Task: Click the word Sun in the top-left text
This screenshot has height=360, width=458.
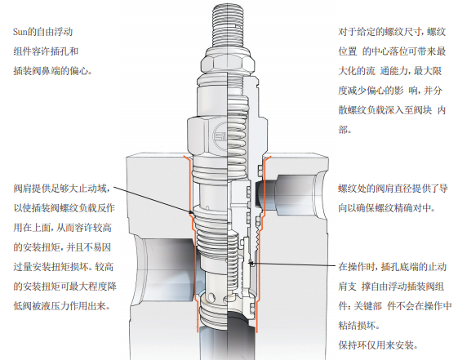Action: pos(20,32)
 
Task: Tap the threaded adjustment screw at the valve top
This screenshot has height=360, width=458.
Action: pos(228,25)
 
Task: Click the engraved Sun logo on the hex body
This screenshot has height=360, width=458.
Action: pos(220,136)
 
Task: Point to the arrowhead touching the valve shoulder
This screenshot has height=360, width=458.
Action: pos(191,212)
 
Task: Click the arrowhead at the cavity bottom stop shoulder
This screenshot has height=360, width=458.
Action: pos(251,264)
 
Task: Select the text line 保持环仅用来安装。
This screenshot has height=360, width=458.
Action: pos(378,345)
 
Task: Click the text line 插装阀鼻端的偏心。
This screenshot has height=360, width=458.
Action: pos(52,71)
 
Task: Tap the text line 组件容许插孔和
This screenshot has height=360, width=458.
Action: pos(46,51)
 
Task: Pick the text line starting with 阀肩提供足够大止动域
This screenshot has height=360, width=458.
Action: pos(62,189)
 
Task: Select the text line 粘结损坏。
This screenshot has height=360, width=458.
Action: pos(358,325)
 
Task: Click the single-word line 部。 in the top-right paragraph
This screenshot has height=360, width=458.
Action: pos(345,130)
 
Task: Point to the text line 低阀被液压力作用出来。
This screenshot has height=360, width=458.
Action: pos(61,306)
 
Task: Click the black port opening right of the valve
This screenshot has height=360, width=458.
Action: pos(260,193)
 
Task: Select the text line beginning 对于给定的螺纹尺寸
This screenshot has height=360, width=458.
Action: pos(392,32)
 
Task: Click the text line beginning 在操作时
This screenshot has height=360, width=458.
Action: pos(393,267)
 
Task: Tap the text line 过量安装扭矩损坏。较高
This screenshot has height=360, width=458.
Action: pos(63,267)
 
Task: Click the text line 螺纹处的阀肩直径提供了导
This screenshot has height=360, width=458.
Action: pos(393,189)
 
